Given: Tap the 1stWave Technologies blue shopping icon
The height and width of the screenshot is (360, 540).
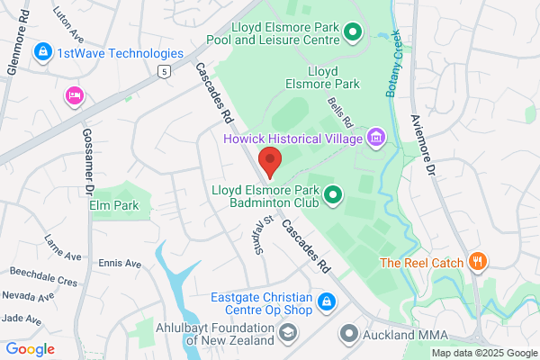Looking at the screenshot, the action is pyautogui.click(x=41, y=53).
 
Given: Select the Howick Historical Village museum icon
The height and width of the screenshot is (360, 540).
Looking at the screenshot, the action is pyautogui.click(x=375, y=138).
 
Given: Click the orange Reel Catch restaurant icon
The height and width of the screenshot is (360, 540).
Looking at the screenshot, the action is pyautogui.click(x=478, y=263).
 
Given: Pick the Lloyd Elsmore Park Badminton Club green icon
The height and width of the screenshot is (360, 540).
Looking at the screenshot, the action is pyautogui.click(x=333, y=193).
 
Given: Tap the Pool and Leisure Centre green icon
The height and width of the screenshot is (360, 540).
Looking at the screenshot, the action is pyautogui.click(x=353, y=34).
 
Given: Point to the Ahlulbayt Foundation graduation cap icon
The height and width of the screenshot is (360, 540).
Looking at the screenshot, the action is pyautogui.click(x=287, y=334).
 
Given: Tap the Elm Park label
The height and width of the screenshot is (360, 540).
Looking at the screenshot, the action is pyautogui.click(x=114, y=205).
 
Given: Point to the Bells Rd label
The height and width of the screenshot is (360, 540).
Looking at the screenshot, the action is pyautogui.click(x=340, y=112).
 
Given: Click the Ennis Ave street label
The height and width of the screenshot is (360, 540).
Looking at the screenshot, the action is pyautogui.click(x=120, y=264).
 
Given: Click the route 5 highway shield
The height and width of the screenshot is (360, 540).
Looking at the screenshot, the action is pyautogui.click(x=163, y=71).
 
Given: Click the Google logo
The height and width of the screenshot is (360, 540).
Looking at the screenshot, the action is pyautogui.click(x=31, y=349).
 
